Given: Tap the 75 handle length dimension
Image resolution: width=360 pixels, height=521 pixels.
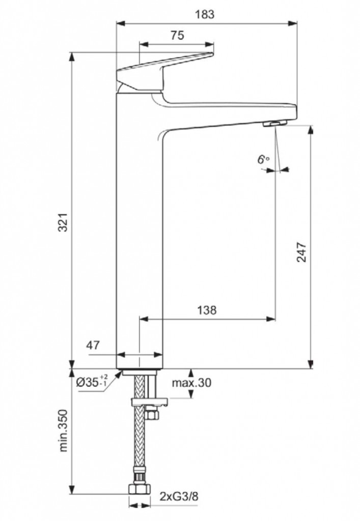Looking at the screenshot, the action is [x=177, y=35].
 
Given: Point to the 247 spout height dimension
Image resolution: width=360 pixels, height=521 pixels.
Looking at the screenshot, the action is [x=301, y=252].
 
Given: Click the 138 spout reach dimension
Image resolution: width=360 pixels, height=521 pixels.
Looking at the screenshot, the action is [x=207, y=310].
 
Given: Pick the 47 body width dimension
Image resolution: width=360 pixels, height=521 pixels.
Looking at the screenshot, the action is [x=93, y=345].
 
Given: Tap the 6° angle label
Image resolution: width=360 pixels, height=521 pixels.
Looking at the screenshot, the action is [x=263, y=159].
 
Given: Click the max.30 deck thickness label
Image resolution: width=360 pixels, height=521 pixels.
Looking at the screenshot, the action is [x=191, y=383].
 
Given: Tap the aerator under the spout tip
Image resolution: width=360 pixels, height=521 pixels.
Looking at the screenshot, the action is [x=274, y=124].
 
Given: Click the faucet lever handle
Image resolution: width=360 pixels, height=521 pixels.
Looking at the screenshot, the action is [x=165, y=71].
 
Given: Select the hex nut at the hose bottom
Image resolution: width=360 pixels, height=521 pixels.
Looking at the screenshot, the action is [x=139, y=489].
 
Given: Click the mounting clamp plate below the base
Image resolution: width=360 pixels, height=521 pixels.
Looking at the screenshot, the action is [x=150, y=402].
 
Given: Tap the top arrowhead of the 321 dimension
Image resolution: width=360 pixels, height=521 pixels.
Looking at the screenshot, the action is [x=72, y=57].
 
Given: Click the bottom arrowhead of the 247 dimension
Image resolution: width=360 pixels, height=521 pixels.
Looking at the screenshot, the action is [x=311, y=364].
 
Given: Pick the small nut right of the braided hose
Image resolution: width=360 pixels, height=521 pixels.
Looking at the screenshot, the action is [x=152, y=415].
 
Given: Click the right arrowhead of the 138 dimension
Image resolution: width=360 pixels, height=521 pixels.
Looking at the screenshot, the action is [x=271, y=319].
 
